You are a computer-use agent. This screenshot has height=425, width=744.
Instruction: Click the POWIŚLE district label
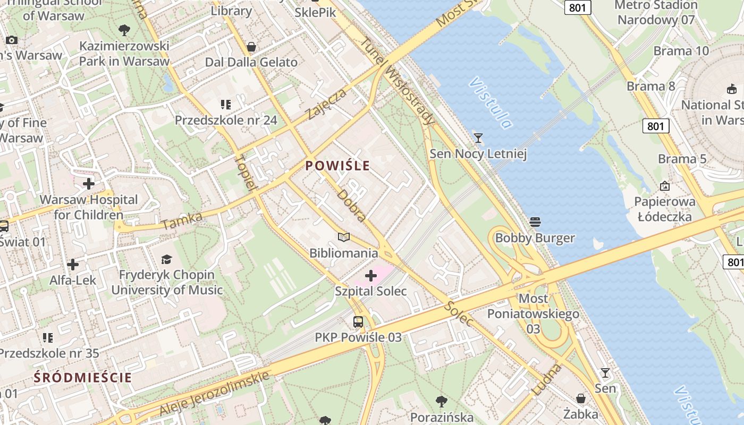337,166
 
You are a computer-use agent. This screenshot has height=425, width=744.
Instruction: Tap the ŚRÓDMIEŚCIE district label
82,378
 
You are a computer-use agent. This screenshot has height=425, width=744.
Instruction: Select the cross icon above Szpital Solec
371,275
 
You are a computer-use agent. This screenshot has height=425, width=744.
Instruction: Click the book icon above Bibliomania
344,237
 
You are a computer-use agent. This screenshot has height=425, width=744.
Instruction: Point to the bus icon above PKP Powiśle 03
358,321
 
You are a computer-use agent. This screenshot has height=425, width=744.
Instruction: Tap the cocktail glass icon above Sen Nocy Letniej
478,138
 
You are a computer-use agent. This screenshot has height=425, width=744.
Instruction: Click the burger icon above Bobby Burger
535,222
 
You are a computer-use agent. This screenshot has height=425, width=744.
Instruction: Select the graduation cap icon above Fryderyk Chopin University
167,259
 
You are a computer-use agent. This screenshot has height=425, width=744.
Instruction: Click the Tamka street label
182,221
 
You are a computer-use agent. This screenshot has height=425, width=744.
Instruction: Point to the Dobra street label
351,205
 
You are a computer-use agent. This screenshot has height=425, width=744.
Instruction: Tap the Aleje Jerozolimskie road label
214,394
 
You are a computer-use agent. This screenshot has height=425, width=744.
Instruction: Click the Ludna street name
546,379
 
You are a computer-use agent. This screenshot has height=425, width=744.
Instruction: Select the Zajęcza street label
327,104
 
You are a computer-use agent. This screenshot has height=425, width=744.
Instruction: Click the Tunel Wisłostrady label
398,81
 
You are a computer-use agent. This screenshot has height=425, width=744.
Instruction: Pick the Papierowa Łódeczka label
664,209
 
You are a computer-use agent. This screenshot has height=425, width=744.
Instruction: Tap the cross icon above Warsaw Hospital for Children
89,184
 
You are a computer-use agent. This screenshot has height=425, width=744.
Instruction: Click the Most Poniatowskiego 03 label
533,313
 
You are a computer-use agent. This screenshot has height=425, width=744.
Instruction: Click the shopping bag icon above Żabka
581,398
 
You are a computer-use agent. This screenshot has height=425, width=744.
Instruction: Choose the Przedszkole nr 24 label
226,120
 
